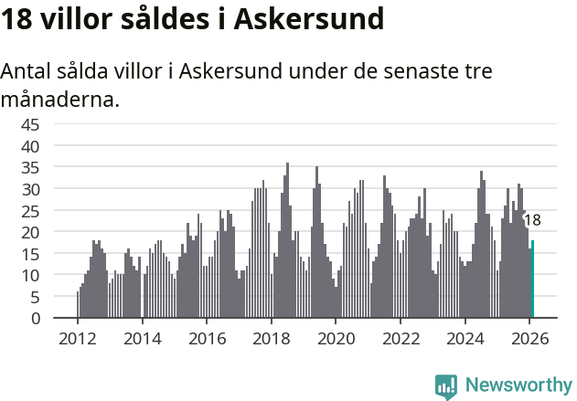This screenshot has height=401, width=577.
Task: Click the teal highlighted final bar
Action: [533, 280]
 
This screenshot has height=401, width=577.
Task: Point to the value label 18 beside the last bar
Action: [532, 220]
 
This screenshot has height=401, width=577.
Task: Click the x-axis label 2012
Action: [77, 338]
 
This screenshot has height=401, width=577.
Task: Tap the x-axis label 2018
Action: [271, 338]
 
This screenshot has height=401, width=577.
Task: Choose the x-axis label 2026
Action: [529, 338]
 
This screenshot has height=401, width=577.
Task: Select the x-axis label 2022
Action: [401, 338]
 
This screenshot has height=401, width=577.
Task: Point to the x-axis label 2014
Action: [142, 338]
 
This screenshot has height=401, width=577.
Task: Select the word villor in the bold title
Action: [79, 19]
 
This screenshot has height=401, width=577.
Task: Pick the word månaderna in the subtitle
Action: [60, 99]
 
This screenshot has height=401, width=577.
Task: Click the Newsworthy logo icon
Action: [446, 386]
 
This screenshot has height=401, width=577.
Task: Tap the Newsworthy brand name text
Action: [518, 385]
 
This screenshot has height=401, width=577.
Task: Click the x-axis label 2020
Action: [336, 338]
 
